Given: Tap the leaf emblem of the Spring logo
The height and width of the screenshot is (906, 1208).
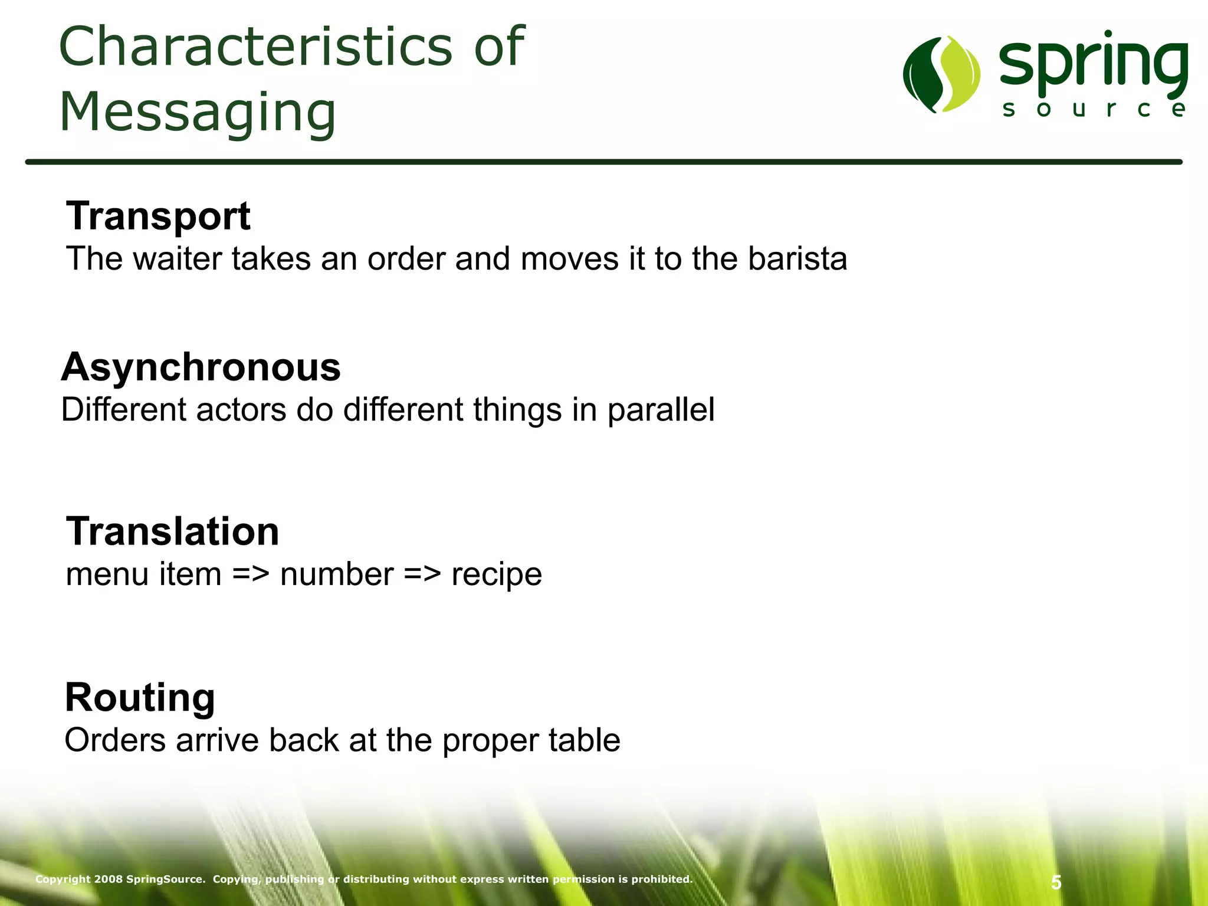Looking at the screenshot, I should pyautogui.click(x=941, y=74).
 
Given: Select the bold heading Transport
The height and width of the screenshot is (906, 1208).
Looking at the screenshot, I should pyautogui.click(x=158, y=216).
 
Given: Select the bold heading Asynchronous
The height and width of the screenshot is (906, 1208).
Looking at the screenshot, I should pyautogui.click(x=201, y=367).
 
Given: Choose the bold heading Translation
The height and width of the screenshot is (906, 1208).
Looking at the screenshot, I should pyautogui.click(x=172, y=531).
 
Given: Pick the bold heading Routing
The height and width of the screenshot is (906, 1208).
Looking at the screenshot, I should pyautogui.click(x=140, y=697).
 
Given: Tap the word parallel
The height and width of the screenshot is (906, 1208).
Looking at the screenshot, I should pyautogui.click(x=661, y=410).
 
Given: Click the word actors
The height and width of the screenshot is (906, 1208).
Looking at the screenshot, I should pyautogui.click(x=241, y=410).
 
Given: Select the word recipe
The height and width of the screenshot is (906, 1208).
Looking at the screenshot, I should pyautogui.click(x=496, y=575).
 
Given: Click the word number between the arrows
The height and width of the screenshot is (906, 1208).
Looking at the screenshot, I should pyautogui.click(x=337, y=575).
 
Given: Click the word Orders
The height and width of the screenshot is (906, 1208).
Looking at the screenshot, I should pyautogui.click(x=115, y=740).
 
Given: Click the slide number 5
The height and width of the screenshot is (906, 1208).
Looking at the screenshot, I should pyautogui.click(x=1056, y=882).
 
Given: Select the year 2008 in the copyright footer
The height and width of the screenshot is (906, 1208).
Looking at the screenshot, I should pyautogui.click(x=109, y=879).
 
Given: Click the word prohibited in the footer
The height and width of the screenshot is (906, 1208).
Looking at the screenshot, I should pyautogui.click(x=662, y=879).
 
